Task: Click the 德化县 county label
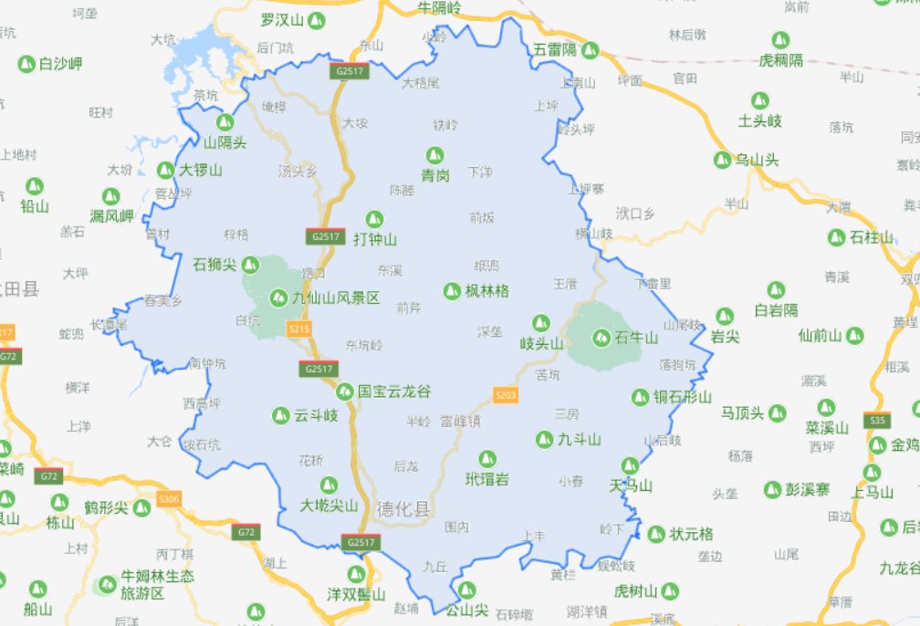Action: [x=402, y=509]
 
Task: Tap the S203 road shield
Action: [x=505, y=395]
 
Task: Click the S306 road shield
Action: [x=169, y=499]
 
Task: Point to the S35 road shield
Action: [x=878, y=421]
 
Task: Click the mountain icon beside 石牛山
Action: [x=601, y=338]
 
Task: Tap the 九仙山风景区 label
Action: [x=335, y=297]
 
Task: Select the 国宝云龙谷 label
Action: [x=393, y=391]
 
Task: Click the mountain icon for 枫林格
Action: [x=451, y=291]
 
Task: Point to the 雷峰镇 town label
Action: [x=460, y=421]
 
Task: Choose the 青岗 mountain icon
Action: [x=435, y=155]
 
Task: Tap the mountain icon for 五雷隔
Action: [x=591, y=49]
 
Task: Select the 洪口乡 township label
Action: [x=635, y=214]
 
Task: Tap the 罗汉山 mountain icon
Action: [x=317, y=20]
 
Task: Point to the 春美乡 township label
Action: [x=163, y=299]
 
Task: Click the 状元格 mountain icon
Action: [x=655, y=534]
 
